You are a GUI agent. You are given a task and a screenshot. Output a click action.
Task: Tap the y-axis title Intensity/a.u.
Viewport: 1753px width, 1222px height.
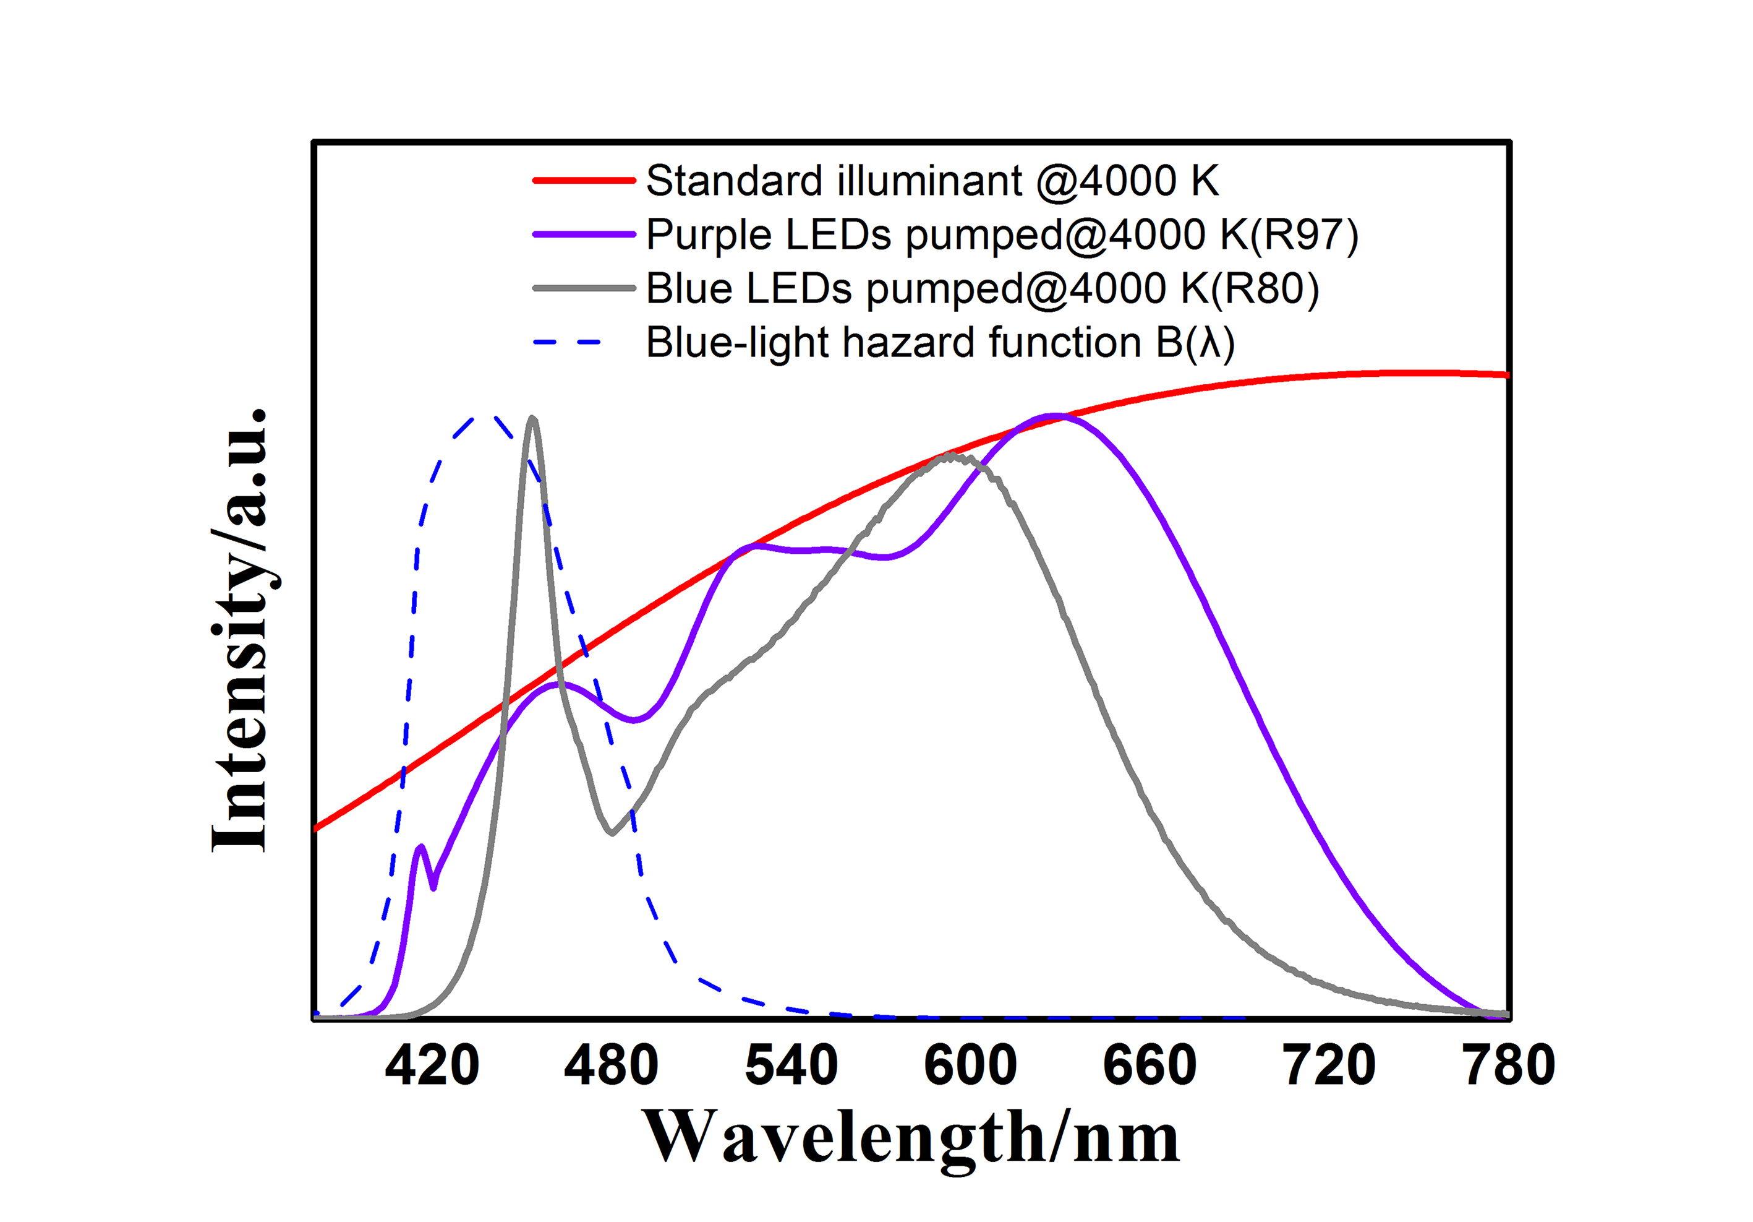pyautogui.click(x=241, y=630)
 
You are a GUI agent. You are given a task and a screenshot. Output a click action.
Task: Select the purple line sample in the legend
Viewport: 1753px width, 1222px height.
pyautogui.click(x=584, y=235)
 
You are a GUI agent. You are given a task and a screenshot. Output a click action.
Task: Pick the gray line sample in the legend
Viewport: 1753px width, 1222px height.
pyautogui.click(x=584, y=288)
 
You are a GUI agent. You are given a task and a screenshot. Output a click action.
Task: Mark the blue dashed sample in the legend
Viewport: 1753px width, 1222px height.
pyautogui.click(x=569, y=342)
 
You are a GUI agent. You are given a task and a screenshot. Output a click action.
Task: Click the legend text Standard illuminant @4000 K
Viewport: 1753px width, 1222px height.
pyautogui.click(x=931, y=181)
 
